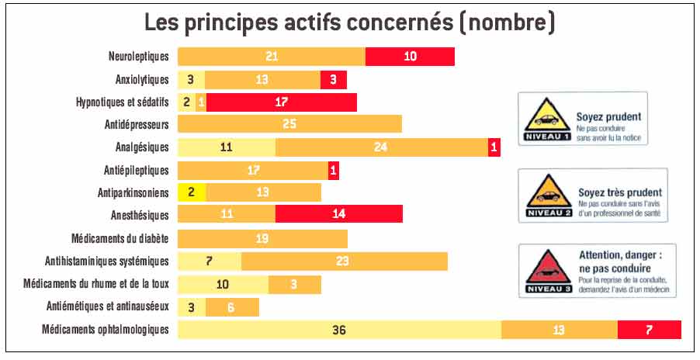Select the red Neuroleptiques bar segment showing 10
[x=410, y=57]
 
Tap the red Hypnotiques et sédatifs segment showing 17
[x=282, y=102]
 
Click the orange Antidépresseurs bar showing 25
[x=289, y=124]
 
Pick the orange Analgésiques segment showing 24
[x=381, y=147]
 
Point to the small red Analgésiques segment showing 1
[x=494, y=147]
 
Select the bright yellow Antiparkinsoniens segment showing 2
[x=192, y=192]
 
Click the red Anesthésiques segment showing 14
[x=339, y=215]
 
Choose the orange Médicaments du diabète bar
[x=262, y=238]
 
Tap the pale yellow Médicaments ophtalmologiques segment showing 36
[x=339, y=330]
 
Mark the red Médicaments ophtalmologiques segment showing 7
[x=650, y=330]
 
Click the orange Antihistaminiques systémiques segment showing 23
[x=344, y=261]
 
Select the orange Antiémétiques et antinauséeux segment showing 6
[x=231, y=307]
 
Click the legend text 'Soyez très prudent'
[x=619, y=192]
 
